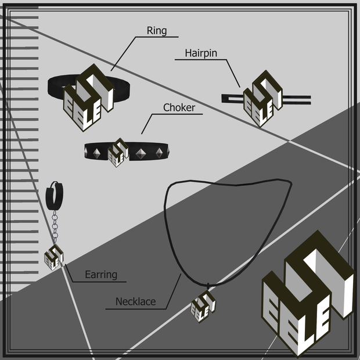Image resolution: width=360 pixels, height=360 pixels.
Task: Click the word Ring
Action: pyautogui.click(x=157, y=31)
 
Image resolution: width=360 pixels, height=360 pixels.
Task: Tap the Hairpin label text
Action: pyautogui.click(x=201, y=53)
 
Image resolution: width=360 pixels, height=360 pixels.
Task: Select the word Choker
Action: pyautogui.click(x=179, y=107)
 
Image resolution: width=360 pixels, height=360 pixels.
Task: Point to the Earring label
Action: pyautogui.click(x=101, y=275)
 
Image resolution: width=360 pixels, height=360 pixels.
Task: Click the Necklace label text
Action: pyautogui.click(x=135, y=301)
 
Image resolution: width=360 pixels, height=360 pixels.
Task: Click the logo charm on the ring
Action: pyautogui.click(x=89, y=98)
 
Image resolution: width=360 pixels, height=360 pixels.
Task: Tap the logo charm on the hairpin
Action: pyautogui.click(x=263, y=99)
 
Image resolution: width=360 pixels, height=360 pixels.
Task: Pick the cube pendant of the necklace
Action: pyautogui.click(x=203, y=307)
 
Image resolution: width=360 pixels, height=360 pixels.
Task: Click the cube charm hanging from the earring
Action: pyautogui.click(x=54, y=257)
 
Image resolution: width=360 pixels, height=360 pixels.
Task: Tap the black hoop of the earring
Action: pyautogui.click(x=55, y=196)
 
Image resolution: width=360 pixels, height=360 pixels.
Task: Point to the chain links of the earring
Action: pyautogui.click(x=55, y=226)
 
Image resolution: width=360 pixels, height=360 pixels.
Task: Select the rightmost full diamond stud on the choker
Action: pyautogui.click(x=159, y=153)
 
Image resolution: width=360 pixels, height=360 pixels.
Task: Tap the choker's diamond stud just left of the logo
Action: pyautogui.click(x=96, y=153)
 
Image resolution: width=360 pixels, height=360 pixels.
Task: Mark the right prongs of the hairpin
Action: pyautogui.click(x=297, y=100)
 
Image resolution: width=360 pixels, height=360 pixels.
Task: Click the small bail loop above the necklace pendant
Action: pyautogui.click(x=208, y=286)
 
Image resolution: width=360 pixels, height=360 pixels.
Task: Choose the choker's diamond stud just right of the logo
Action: pyautogui.click(x=140, y=154)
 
